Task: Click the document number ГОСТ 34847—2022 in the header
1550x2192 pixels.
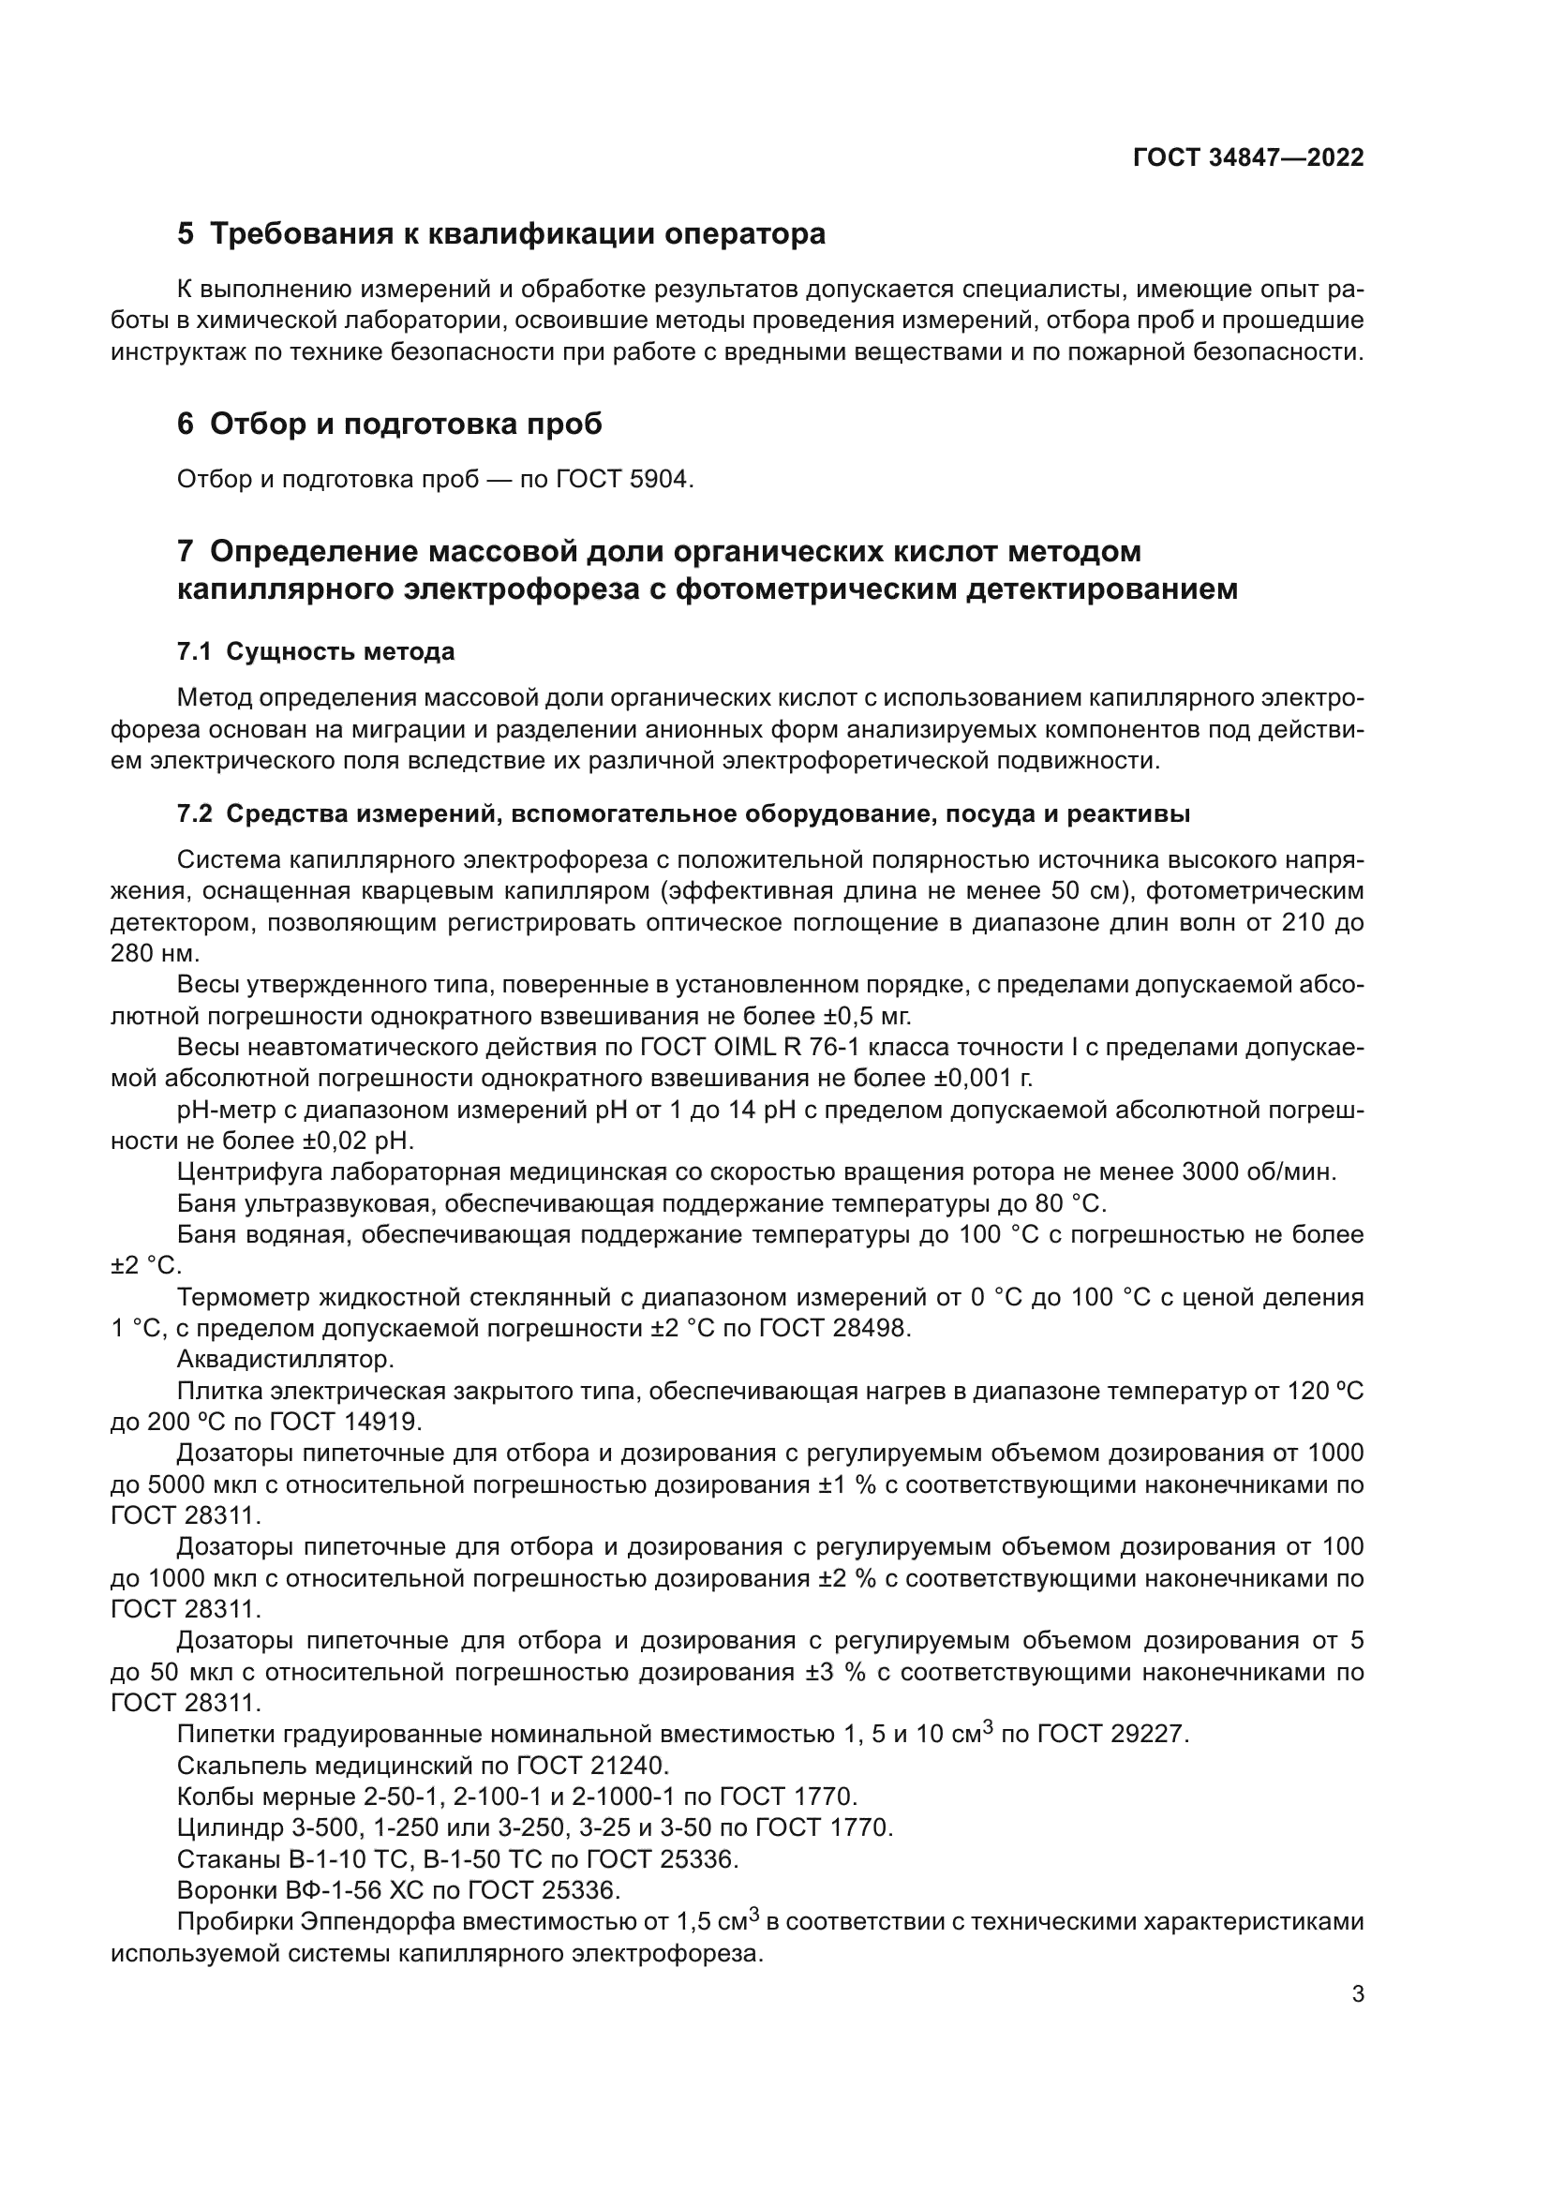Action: [x=1248, y=157]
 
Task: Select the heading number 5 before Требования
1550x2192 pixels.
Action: [x=186, y=234]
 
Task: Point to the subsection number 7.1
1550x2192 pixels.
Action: [x=193, y=652]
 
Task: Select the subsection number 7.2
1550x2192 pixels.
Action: [x=193, y=814]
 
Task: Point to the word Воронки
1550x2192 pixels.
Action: [x=227, y=1889]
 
